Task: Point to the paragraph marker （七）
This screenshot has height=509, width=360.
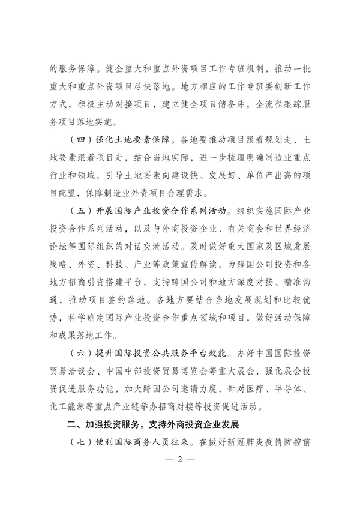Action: click(82, 444)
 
